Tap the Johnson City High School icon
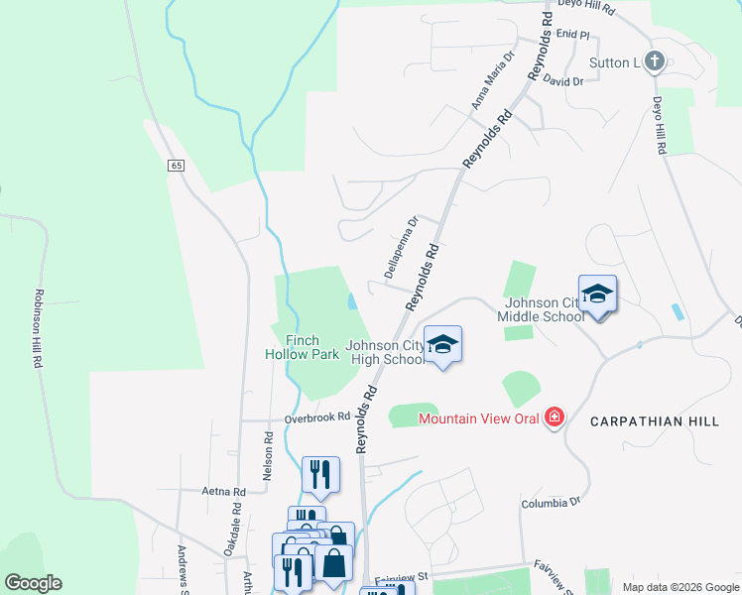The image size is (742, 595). [x=443, y=344]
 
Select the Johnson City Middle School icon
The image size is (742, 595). [x=597, y=295]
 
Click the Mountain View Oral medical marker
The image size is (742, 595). [x=555, y=417]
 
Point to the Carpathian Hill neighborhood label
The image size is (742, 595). [x=654, y=421]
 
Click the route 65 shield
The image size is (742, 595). [x=176, y=166]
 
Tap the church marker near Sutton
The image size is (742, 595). [x=654, y=62]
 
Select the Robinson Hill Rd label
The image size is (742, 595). [x=40, y=329]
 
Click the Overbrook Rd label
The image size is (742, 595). [x=317, y=417]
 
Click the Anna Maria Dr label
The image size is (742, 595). [x=493, y=80]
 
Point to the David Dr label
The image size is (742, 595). [x=563, y=81]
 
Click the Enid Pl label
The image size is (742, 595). [x=572, y=34]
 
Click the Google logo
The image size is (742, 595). [x=33, y=583]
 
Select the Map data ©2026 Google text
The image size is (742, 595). [x=680, y=587]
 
